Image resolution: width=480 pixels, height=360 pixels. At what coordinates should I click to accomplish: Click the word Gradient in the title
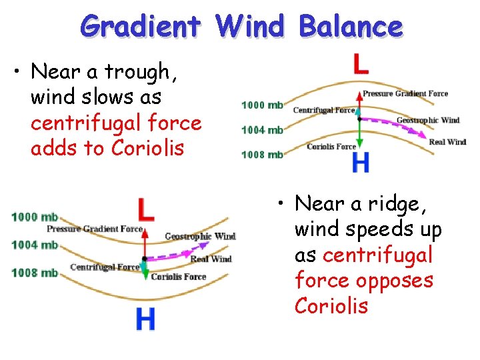click(140, 27)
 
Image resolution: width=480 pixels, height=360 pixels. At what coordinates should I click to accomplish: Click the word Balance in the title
click(351, 27)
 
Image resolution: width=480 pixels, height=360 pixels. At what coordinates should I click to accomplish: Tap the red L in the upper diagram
click(360, 64)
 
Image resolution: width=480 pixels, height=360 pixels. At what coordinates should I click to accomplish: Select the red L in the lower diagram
click(146, 210)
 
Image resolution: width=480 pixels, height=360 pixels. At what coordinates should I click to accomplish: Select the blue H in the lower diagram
click(146, 319)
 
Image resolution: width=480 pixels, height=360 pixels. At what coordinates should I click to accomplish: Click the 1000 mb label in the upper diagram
click(262, 105)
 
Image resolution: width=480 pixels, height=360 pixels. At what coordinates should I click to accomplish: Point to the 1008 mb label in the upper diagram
click(262, 155)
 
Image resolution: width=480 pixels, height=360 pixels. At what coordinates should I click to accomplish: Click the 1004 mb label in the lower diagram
click(35, 245)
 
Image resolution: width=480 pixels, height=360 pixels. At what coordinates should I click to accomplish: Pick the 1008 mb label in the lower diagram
click(35, 272)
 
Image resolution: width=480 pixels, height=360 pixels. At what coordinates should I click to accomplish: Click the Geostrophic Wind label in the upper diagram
click(427, 121)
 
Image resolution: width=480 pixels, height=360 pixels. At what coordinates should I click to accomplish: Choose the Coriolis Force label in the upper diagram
click(331, 147)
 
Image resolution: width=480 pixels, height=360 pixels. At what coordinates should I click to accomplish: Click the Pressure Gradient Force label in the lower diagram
click(95, 229)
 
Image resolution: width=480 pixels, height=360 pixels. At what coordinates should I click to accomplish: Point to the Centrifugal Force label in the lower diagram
click(105, 267)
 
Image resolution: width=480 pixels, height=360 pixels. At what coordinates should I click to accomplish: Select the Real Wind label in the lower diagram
click(211, 259)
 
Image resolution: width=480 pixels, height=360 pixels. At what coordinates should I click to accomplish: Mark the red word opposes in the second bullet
click(395, 281)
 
